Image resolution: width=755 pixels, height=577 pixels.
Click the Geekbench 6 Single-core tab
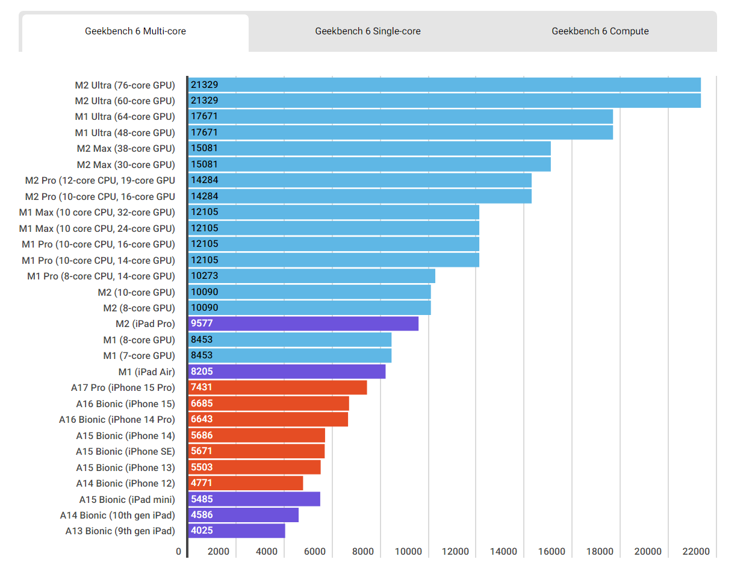click(368, 31)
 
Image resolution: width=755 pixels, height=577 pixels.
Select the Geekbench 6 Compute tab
click(600, 31)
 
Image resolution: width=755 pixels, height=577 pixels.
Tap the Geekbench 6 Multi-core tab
click(135, 31)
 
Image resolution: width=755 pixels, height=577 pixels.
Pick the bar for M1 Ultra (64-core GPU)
click(400, 116)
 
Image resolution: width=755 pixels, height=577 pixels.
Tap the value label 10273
click(205, 276)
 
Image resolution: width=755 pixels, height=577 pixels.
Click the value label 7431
click(202, 387)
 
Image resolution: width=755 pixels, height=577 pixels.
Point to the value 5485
click(202, 499)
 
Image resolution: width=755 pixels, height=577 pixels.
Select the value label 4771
click(202, 483)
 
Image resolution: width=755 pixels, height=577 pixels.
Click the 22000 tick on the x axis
click(696, 551)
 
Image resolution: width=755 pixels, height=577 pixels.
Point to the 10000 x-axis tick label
click(408, 551)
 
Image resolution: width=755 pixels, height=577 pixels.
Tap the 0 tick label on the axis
click(178, 551)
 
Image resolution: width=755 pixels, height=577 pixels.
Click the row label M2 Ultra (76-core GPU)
click(125, 85)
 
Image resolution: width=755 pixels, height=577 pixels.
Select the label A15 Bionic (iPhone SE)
click(125, 451)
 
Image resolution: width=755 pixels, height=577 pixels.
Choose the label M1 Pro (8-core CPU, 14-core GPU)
click(101, 276)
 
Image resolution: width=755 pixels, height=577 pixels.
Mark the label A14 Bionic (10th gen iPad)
click(117, 515)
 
